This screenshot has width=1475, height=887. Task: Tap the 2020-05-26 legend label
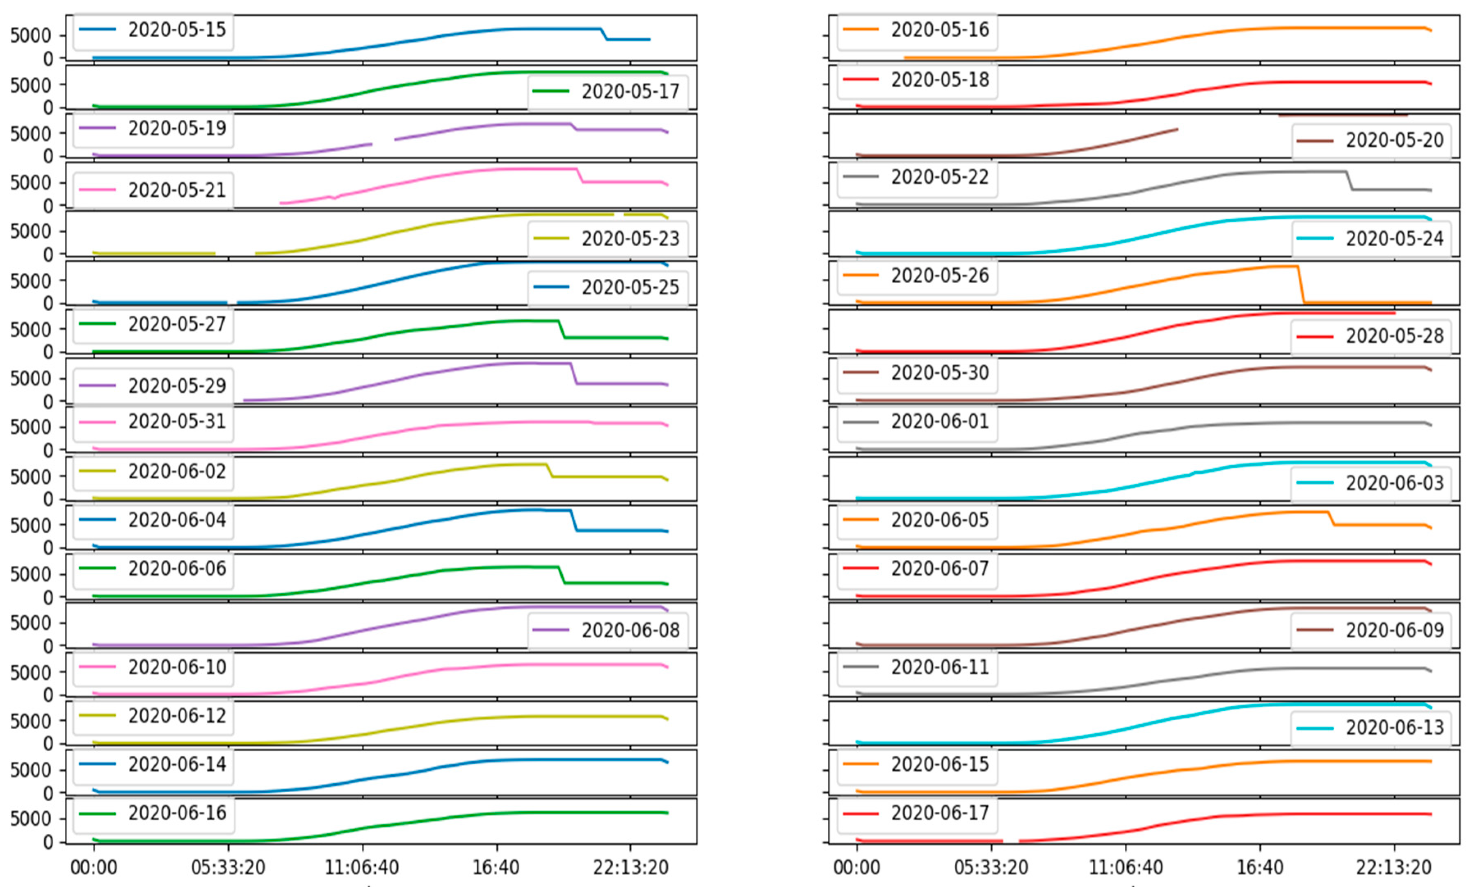(940, 275)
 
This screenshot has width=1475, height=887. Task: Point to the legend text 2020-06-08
(630, 630)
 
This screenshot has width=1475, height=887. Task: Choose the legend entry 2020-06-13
(1394, 728)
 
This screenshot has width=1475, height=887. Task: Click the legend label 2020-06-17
(940, 813)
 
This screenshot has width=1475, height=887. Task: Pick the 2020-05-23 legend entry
(630, 239)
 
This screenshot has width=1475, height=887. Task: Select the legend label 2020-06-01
(940, 421)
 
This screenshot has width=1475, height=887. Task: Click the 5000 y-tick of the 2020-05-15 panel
(30, 36)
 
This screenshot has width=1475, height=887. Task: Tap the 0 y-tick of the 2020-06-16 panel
(48, 842)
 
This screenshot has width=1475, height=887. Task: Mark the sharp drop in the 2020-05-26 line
(1301, 284)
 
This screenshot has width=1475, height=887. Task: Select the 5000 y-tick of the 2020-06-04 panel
(30, 525)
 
